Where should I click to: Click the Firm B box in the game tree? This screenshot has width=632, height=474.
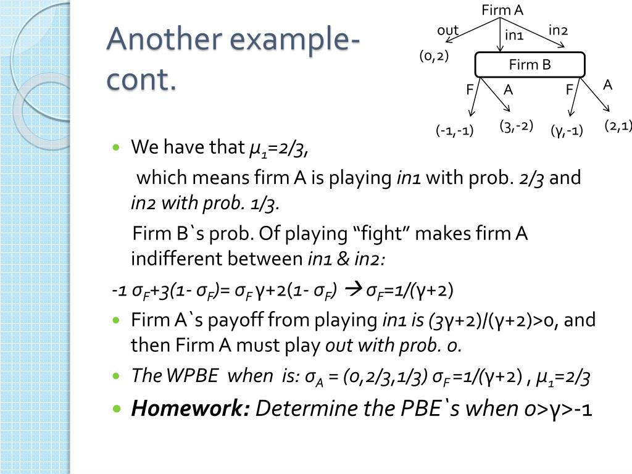(530, 65)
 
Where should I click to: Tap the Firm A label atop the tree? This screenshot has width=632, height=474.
(502, 10)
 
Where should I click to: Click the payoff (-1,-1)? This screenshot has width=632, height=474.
(454, 131)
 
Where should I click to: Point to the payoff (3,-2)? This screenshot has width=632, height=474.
(516, 127)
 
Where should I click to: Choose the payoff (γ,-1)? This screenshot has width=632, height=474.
(567, 131)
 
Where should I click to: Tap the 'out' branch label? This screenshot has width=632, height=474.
(447, 30)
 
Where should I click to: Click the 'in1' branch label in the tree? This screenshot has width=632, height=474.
(514, 35)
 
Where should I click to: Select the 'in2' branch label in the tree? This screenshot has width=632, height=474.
(558, 30)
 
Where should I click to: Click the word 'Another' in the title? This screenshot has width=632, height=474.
(162, 39)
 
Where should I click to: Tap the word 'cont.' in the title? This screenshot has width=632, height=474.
(141, 80)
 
